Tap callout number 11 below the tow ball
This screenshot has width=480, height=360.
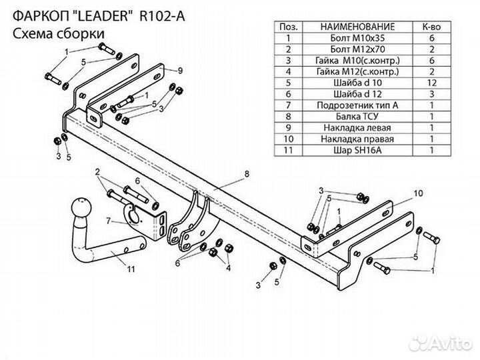pyautogui.click(x=130, y=269)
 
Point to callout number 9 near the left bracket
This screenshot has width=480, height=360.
pyautogui.click(x=180, y=69)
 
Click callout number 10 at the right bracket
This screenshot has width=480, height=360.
pyautogui.click(x=418, y=193)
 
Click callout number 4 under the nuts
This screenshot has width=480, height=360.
pyautogui.click(x=228, y=269)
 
